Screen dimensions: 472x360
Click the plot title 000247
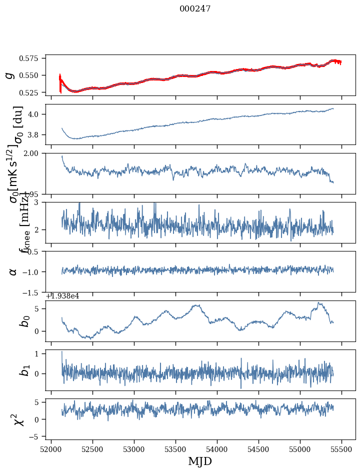pyautogui.click(x=195, y=9)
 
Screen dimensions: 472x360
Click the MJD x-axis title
pyautogui.click(x=200, y=461)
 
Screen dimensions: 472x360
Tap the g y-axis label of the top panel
pyautogui.click(x=9, y=75)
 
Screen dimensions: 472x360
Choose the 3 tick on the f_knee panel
pyautogui.click(x=40, y=202)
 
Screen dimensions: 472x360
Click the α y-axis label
pyautogui.click(x=13, y=271)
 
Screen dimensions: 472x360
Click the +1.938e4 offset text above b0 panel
pyautogui.click(x=62, y=296)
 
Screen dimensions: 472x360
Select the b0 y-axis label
pyautogui.click(x=24, y=321)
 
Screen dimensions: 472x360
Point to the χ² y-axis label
pyautogui.click(x=18, y=420)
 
